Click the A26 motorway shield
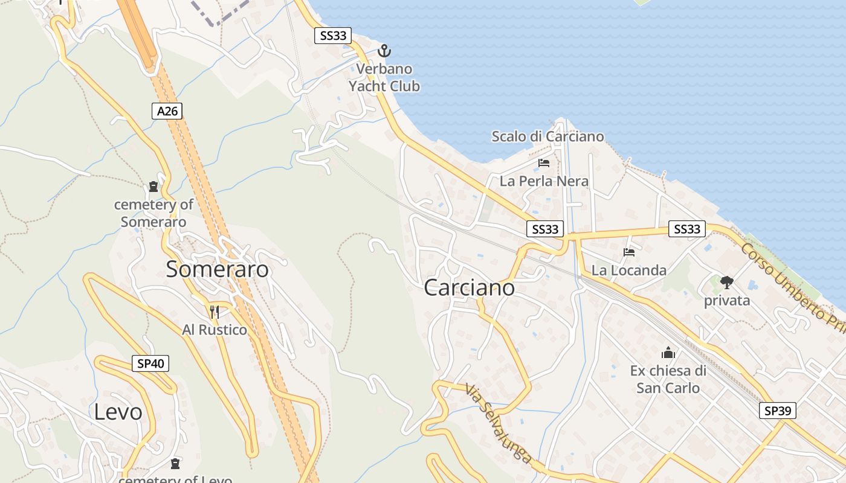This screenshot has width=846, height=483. click(x=167, y=110)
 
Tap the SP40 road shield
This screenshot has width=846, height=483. click(x=150, y=363)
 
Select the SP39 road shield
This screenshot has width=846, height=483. click(x=778, y=411)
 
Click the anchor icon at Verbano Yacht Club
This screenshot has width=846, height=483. click(x=384, y=51)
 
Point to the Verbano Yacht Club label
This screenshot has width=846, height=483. click(x=384, y=77)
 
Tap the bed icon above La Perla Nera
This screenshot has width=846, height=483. click(x=544, y=163)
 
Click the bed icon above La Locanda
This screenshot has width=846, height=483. click(x=629, y=252)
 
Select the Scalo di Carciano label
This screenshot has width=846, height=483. click(x=547, y=136)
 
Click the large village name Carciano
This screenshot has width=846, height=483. click(x=469, y=287)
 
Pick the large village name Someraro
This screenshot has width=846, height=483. click(x=217, y=269)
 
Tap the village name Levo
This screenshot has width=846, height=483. click(x=118, y=412)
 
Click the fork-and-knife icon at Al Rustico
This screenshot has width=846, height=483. click(x=215, y=312)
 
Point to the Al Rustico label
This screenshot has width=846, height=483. click(x=215, y=330)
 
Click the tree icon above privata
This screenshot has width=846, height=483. click(x=727, y=282)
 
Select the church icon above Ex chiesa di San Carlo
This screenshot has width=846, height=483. click(x=668, y=352)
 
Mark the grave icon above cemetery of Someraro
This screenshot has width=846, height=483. click(x=153, y=187)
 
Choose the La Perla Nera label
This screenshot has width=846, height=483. click(x=544, y=181)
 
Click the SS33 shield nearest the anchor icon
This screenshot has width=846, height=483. click(x=333, y=36)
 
